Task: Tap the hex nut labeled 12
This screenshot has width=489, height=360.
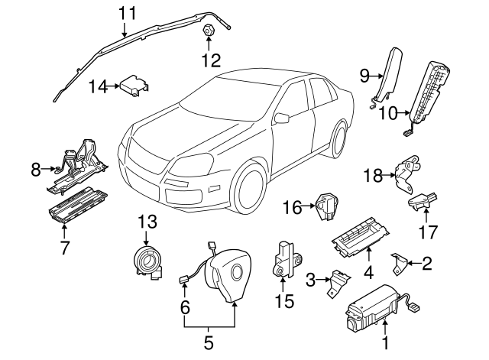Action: click(x=208, y=30)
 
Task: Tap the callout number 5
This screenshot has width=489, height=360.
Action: click(x=209, y=342)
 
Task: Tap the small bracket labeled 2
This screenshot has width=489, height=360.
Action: click(x=399, y=264)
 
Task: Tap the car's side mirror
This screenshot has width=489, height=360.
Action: click(x=283, y=118)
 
